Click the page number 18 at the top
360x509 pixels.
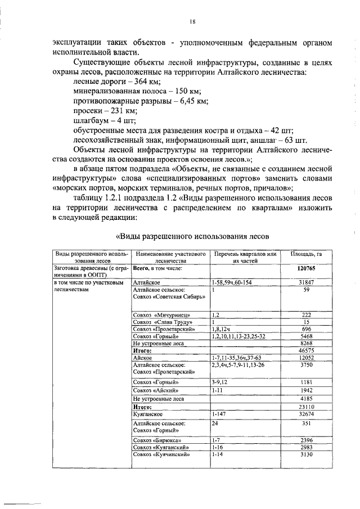click(192, 21)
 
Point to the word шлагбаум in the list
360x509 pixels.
click(91, 120)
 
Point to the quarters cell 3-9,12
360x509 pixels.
click(222, 382)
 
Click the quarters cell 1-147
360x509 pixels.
click(220, 413)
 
